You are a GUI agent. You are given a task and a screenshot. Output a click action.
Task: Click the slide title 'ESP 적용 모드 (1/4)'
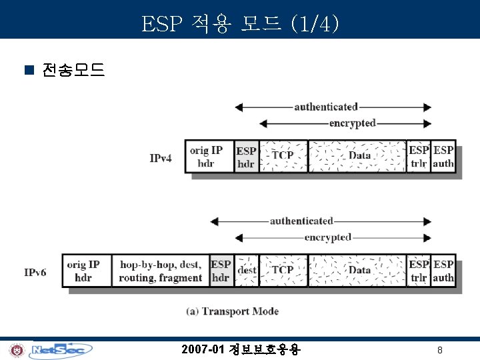tap(240, 25)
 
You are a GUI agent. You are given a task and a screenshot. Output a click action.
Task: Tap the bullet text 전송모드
tap(73, 70)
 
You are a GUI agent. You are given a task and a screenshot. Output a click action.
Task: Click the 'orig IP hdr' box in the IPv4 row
tap(209, 156)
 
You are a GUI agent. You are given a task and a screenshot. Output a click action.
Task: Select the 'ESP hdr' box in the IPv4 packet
tap(246, 157)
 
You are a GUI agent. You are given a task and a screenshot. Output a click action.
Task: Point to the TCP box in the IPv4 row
tap(283, 156)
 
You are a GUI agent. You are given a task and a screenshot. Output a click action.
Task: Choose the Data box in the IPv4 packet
tap(357, 156)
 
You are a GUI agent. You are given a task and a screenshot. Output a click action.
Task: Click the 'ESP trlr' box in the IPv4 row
tap(419, 157)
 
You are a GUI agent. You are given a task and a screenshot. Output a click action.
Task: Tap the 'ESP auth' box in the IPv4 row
tap(444, 157)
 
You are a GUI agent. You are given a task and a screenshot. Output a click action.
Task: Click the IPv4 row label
tap(161, 159)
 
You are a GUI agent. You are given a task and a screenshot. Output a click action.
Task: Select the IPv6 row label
tap(35, 272)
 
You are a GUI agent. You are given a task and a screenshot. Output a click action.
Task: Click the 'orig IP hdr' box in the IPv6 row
tap(86, 271)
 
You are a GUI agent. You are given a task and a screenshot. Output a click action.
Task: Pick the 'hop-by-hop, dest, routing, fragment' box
tap(160, 271)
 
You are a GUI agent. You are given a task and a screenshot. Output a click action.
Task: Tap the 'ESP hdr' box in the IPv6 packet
tap(221, 271)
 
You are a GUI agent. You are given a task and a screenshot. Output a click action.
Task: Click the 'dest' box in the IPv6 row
tap(247, 271)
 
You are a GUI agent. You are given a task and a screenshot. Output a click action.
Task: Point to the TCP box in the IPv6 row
tap(283, 271)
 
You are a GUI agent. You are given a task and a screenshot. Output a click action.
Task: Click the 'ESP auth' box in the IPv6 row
tap(444, 271)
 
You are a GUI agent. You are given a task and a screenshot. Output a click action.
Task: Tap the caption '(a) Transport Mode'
tap(232, 311)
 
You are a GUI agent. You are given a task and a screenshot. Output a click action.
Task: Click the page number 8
tap(440, 350)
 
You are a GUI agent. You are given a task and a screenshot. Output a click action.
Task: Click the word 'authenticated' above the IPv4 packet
tap(326, 107)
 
